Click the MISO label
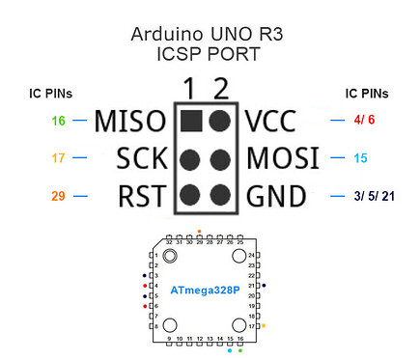click(x=129, y=122)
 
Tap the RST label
click(x=140, y=197)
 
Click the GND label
click(x=277, y=197)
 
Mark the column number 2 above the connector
click(x=222, y=90)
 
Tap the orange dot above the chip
click(x=199, y=232)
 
